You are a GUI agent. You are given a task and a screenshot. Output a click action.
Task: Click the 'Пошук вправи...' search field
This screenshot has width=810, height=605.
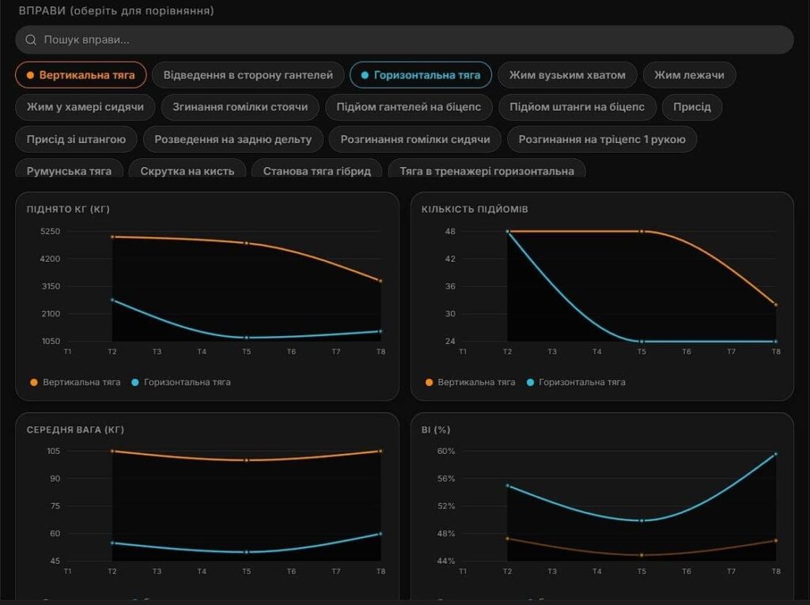(x=404, y=40)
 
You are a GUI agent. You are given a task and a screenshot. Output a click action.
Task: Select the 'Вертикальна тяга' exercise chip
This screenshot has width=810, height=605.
(x=81, y=75)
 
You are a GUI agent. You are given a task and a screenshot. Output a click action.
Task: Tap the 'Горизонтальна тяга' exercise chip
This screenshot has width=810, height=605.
(x=421, y=75)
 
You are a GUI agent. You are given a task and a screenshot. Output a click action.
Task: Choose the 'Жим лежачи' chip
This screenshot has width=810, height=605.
(x=689, y=75)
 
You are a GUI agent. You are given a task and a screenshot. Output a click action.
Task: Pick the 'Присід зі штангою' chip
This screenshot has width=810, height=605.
(x=76, y=139)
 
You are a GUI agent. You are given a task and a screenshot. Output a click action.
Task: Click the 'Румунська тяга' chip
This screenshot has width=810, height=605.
(x=70, y=171)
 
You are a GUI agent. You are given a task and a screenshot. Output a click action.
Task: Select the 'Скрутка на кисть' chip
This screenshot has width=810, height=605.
(x=187, y=171)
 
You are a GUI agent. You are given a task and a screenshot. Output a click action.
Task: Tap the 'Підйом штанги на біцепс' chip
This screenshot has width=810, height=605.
(x=577, y=107)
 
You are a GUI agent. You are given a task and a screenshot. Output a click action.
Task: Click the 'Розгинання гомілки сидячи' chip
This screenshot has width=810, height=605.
(x=414, y=139)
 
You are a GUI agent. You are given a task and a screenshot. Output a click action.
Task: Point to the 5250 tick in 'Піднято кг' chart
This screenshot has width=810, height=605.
(x=50, y=232)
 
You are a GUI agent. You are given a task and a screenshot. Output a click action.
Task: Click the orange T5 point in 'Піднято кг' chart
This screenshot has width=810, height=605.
(x=247, y=243)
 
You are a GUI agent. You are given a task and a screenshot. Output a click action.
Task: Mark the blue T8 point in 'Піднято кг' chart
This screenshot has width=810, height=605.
(x=380, y=331)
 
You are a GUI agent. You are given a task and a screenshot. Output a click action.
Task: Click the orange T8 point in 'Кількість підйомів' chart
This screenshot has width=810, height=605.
(x=776, y=304)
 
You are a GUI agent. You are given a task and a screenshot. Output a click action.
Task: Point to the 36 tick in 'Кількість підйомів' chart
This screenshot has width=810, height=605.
(x=450, y=286)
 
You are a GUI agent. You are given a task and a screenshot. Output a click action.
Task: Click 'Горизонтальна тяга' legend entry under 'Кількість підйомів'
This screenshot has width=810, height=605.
(x=576, y=382)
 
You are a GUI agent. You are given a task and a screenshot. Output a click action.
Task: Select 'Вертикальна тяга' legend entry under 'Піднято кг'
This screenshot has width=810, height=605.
(x=75, y=382)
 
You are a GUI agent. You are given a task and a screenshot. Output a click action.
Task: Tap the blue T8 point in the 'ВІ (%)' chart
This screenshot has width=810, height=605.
(x=776, y=454)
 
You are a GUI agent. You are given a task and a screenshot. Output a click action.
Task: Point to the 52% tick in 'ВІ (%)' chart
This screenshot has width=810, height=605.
(x=446, y=506)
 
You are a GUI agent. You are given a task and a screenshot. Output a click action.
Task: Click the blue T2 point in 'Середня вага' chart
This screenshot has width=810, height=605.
(x=112, y=543)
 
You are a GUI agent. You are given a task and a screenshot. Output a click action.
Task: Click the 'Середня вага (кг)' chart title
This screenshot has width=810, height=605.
(x=75, y=430)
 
